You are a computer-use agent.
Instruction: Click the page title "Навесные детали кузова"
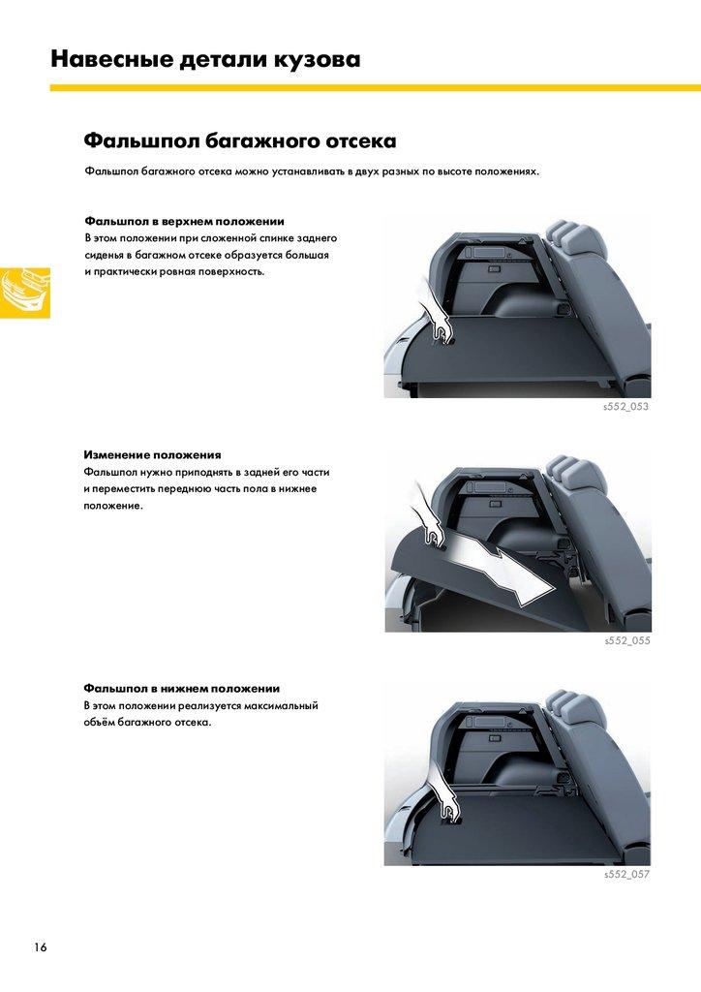205,59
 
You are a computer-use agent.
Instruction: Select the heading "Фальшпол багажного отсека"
240,140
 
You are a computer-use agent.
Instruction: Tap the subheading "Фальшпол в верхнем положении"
185,222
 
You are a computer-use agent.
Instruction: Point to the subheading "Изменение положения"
152,455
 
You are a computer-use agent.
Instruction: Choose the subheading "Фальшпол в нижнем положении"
182,689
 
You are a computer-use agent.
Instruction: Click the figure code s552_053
625,406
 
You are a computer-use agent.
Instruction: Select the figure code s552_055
627,640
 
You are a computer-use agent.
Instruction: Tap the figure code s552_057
627,875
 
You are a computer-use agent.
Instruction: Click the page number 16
41,947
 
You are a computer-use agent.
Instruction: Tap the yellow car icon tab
24,293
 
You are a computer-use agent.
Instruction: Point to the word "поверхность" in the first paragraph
230,272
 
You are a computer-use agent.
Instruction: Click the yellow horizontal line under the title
376,88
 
